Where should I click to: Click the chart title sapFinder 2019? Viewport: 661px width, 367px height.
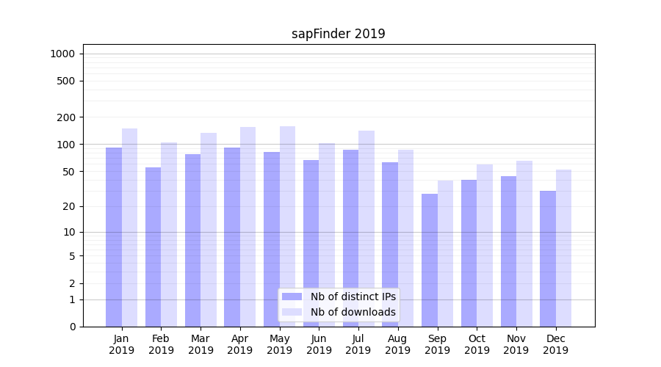pos(338,34)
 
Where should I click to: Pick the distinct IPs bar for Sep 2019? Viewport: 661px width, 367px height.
pos(430,260)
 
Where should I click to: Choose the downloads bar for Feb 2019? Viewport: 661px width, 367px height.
pos(169,234)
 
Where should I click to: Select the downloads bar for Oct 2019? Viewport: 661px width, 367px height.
pos(485,245)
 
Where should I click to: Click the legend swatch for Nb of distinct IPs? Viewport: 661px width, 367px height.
pos(292,297)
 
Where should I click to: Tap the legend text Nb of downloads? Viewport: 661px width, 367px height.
pos(353,312)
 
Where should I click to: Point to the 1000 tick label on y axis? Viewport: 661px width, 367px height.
pos(62,54)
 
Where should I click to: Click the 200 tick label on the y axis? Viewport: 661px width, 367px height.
pos(67,117)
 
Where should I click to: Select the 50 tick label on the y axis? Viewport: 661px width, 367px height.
pos(70,172)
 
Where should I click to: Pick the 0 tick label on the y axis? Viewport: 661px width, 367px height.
pos(72,327)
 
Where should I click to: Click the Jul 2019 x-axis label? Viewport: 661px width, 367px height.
pos(358,344)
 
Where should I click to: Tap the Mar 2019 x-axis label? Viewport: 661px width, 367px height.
pos(201,344)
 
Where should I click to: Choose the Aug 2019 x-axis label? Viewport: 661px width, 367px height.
pos(398,344)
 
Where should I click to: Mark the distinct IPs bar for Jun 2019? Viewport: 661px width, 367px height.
pos(311,243)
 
